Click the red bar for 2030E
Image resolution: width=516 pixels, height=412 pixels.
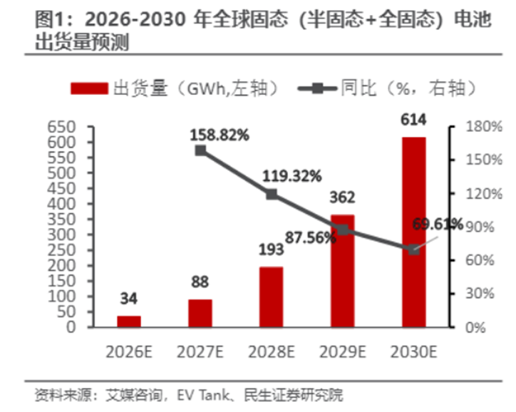click(x=413, y=232)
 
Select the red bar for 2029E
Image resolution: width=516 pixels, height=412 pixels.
click(x=342, y=271)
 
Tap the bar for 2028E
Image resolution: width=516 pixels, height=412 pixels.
click(x=271, y=297)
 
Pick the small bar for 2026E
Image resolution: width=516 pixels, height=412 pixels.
click(x=129, y=321)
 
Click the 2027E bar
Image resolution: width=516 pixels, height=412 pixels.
click(x=200, y=313)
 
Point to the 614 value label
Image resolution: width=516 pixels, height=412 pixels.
click(x=413, y=120)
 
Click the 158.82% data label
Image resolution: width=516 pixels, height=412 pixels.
click(x=220, y=133)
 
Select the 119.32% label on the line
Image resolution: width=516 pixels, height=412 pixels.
click(x=292, y=175)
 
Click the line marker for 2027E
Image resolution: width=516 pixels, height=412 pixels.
click(x=200, y=150)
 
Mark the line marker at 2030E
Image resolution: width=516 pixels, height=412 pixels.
click(x=413, y=249)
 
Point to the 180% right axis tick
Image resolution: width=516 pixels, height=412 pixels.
click(x=469, y=127)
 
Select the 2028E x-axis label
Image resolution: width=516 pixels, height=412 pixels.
click(x=271, y=351)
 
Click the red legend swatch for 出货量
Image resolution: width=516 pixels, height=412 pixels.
click(x=90, y=88)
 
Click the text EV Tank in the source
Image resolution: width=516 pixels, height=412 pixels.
click(x=200, y=394)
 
